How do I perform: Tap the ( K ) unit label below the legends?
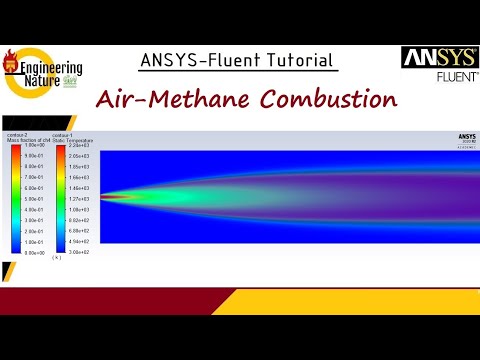click(x=57, y=259)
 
